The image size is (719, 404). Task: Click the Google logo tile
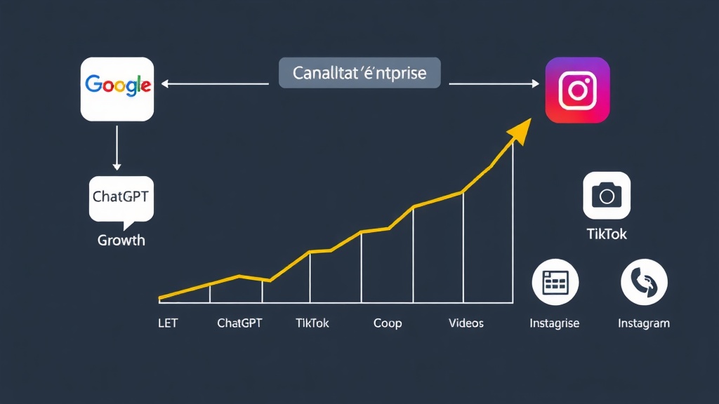point(117,89)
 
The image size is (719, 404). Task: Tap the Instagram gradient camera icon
point(577,90)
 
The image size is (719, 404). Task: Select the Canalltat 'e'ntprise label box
point(359,73)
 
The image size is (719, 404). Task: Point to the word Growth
point(121,240)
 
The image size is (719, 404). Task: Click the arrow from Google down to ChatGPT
point(117,149)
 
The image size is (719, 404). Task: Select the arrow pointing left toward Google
point(214,83)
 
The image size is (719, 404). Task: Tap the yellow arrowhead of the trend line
point(520,130)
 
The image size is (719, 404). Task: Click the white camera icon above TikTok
point(607,196)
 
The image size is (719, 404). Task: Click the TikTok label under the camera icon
point(607,234)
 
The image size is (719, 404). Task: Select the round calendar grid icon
point(555,282)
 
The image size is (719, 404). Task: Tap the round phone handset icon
point(644,282)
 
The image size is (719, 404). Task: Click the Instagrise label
point(555,323)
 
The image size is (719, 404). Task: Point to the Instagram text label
point(643,323)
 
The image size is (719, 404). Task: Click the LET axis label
point(169,323)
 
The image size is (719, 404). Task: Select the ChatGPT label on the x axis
point(240,323)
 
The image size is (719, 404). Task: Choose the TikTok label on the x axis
point(312,323)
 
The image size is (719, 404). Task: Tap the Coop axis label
point(388,323)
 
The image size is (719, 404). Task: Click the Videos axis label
point(466,323)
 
